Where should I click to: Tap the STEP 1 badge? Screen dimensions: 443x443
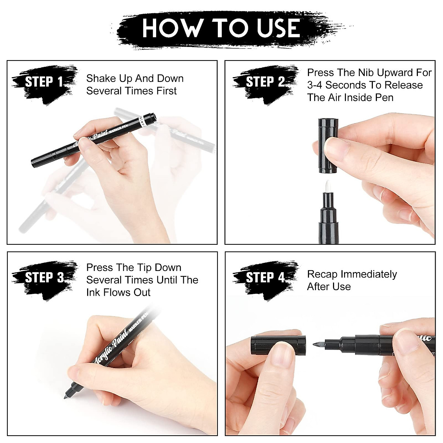coord(44,82)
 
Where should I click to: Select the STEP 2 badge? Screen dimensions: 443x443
coord(265,82)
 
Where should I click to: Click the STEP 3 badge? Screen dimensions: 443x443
coord(44,278)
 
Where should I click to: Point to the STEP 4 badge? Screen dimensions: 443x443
coord(265,278)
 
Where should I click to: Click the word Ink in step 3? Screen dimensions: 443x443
coord(93,293)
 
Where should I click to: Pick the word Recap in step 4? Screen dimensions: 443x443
coord(322,274)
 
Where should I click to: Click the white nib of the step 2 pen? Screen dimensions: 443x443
coord(327,186)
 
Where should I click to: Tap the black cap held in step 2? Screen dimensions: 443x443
coord(327,146)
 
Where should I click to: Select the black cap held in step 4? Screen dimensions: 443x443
coord(278,344)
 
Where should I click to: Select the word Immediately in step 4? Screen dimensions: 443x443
coord(368,274)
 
